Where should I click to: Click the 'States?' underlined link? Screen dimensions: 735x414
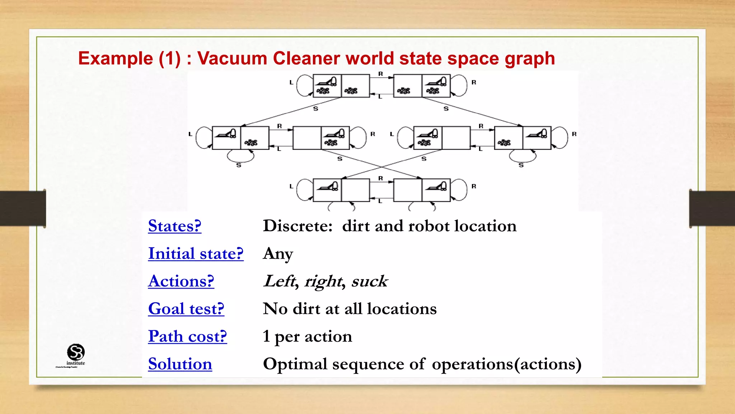(174, 226)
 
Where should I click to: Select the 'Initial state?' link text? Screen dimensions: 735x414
(196, 254)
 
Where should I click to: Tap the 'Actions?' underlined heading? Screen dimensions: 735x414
(181, 281)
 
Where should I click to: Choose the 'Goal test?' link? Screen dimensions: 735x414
(186, 309)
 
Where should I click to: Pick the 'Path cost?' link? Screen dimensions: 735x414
(187, 336)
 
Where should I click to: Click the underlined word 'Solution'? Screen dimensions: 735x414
(180, 364)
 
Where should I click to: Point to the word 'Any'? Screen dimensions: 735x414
(278, 254)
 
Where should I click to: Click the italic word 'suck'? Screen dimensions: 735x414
(369, 281)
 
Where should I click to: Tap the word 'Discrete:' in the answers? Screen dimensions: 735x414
(298, 226)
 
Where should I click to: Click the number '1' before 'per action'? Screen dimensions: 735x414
(266, 336)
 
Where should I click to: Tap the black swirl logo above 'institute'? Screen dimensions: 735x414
(76, 352)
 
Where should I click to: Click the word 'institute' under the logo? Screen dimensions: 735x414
(76, 363)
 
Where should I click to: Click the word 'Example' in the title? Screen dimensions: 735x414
(116, 59)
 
